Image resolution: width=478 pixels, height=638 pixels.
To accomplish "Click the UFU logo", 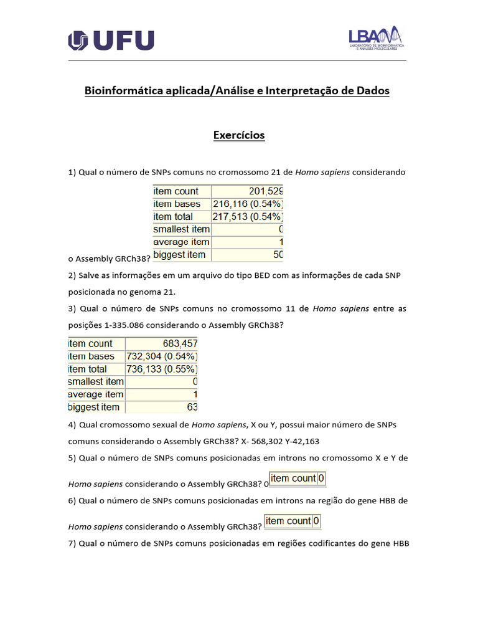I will (111, 41).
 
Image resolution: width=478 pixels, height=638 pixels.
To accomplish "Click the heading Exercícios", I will (239, 135).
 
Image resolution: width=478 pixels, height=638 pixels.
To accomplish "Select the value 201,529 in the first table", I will (266, 191).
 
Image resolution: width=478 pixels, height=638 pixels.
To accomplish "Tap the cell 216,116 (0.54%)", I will (248, 204).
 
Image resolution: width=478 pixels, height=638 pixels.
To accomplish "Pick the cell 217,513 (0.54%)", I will (248, 217).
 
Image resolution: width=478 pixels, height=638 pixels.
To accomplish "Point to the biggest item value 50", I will (278, 255).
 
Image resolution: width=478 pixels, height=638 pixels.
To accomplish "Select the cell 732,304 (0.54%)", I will (162, 356).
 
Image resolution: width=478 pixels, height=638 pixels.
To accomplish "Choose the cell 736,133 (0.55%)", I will (162, 369).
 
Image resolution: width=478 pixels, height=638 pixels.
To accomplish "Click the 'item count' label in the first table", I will (176, 191).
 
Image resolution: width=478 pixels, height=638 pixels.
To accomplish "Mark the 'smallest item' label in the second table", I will (96, 381).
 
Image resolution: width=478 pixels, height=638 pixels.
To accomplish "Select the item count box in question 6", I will (293, 521).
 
